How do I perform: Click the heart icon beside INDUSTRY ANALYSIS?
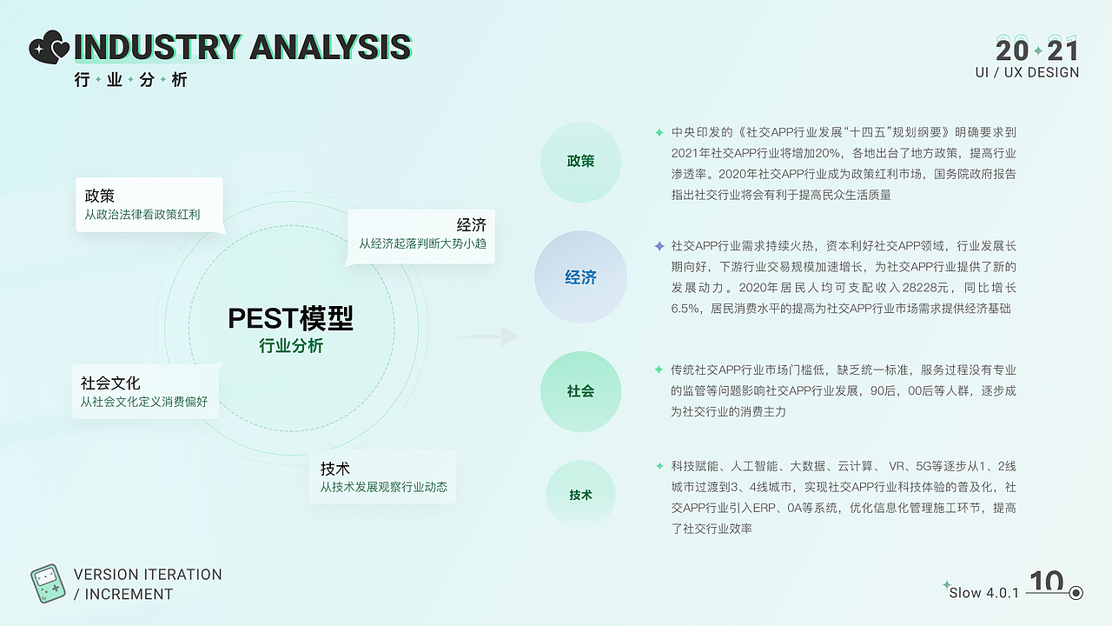(x=49, y=47)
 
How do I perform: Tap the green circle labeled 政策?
(x=580, y=162)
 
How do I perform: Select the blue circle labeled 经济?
(x=580, y=277)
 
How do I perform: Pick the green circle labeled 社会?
(x=580, y=391)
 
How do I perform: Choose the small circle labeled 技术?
(x=580, y=495)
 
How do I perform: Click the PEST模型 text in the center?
(x=290, y=318)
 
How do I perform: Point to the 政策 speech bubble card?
(x=149, y=204)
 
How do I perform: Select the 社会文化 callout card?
(x=145, y=391)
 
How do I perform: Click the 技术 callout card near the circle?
(x=382, y=476)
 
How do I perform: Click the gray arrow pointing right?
(x=487, y=336)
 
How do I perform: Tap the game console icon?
(x=48, y=584)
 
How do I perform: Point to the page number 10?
(x=1046, y=581)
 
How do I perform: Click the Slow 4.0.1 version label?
(x=983, y=593)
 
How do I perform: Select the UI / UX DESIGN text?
(x=1027, y=73)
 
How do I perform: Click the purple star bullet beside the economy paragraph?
(x=659, y=246)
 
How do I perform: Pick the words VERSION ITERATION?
(x=148, y=575)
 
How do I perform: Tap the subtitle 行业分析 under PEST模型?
(x=290, y=346)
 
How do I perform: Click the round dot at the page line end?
(x=1076, y=593)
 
